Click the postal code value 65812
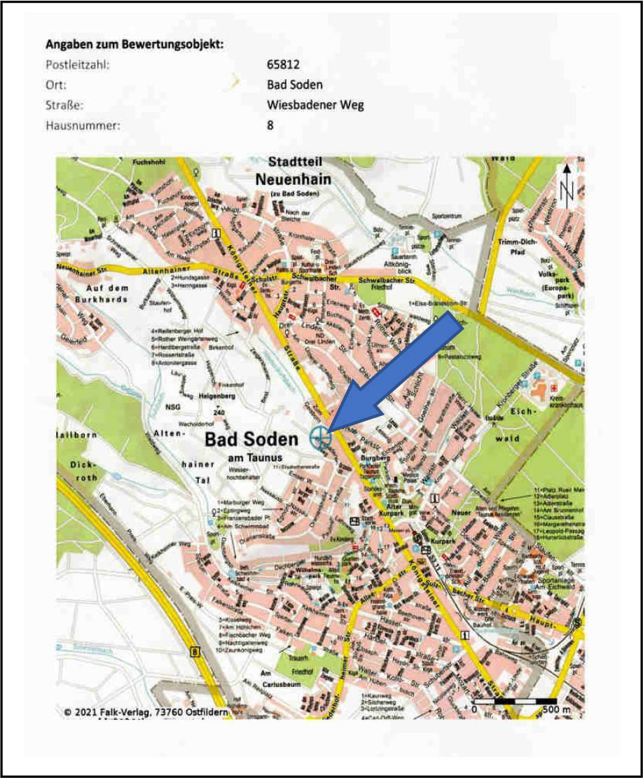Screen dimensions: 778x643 (283, 64)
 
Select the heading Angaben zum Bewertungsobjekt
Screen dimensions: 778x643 (134, 44)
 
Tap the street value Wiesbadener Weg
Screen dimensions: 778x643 (315, 105)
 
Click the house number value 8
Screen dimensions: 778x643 (270, 125)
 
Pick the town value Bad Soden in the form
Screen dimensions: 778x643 (295, 85)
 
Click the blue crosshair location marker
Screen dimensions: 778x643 (320, 438)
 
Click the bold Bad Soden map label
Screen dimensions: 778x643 (251, 440)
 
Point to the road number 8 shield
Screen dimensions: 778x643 (194, 652)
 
